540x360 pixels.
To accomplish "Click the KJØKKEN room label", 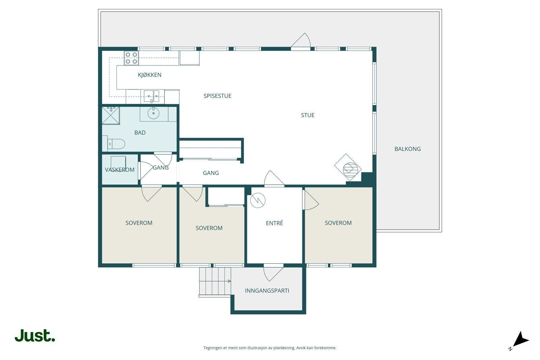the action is coord(150,75).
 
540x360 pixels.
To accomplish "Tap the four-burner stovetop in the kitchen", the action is coord(131,58).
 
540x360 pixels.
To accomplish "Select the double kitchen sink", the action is coord(152,96).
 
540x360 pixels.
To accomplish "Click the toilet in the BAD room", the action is coord(116,144).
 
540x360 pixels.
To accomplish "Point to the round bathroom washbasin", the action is coord(153,113).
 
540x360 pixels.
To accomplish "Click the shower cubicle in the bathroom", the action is coord(111,115).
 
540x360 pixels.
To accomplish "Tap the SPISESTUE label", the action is coord(217,96).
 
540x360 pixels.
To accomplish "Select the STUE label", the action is coord(307,115).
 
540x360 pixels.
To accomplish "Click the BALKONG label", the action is coord(408,149).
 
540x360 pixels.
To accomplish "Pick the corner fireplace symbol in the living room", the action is coord(348,167).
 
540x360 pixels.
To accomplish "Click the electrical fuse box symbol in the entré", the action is coord(258,200).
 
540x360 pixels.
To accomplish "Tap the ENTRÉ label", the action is coord(274,223).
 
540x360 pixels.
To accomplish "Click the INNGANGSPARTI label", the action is coord(267,290).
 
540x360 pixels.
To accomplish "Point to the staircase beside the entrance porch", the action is coord(215,281).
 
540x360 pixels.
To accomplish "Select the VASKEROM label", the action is coord(119,170).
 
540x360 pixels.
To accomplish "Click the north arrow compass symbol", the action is coord(519,340).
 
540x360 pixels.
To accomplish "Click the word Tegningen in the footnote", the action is coord(213,348).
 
